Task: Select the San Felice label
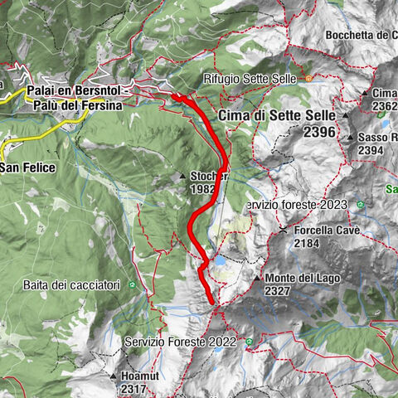tap(27, 167)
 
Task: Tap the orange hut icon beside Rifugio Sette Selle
tap(308, 79)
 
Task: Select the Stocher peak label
tap(209, 176)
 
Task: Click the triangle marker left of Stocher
tap(183, 177)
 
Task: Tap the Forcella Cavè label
tap(329, 231)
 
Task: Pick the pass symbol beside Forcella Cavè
tap(284, 230)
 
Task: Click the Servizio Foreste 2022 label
tap(176, 341)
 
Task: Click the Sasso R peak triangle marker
tap(352, 138)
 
